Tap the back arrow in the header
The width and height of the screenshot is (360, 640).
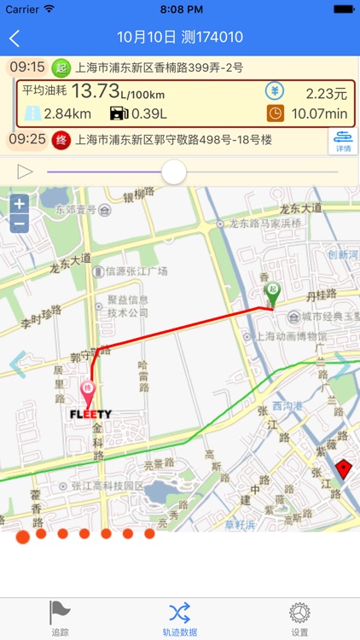[15, 38]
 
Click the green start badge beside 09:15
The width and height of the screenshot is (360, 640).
[61, 67]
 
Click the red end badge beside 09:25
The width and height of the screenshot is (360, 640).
[61, 139]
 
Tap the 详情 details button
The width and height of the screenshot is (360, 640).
[342, 141]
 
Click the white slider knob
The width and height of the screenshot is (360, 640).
[174, 172]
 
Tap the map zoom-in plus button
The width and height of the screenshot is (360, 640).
[20, 204]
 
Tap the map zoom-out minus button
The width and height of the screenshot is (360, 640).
[20, 224]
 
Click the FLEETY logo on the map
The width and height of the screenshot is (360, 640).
[90, 415]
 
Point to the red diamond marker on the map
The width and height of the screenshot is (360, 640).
[343, 468]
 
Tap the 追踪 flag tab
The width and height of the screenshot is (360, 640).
[60, 618]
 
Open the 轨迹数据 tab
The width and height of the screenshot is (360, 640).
[180, 618]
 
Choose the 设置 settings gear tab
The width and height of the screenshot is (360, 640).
[299, 618]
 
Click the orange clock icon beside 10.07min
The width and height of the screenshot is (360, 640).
[275, 113]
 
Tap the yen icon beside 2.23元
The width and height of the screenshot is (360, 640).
[275, 91]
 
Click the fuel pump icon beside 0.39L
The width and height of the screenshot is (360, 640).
[118, 113]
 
